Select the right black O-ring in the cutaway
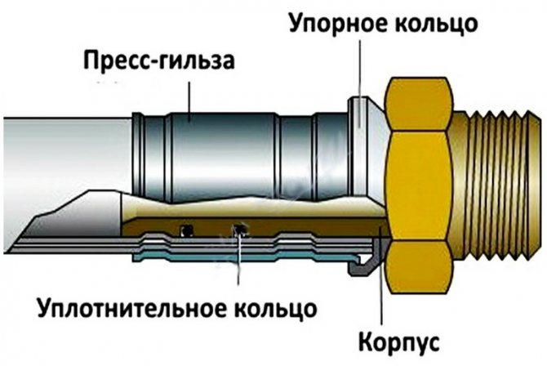click(x=238, y=228)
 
